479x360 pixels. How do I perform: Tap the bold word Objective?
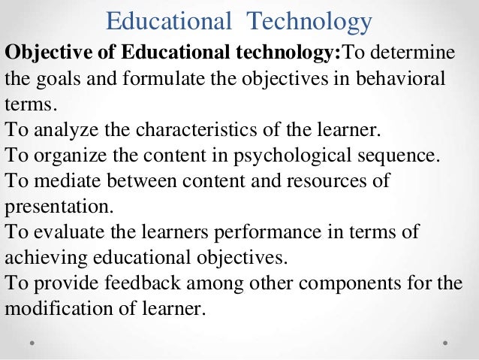[x=43, y=55]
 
